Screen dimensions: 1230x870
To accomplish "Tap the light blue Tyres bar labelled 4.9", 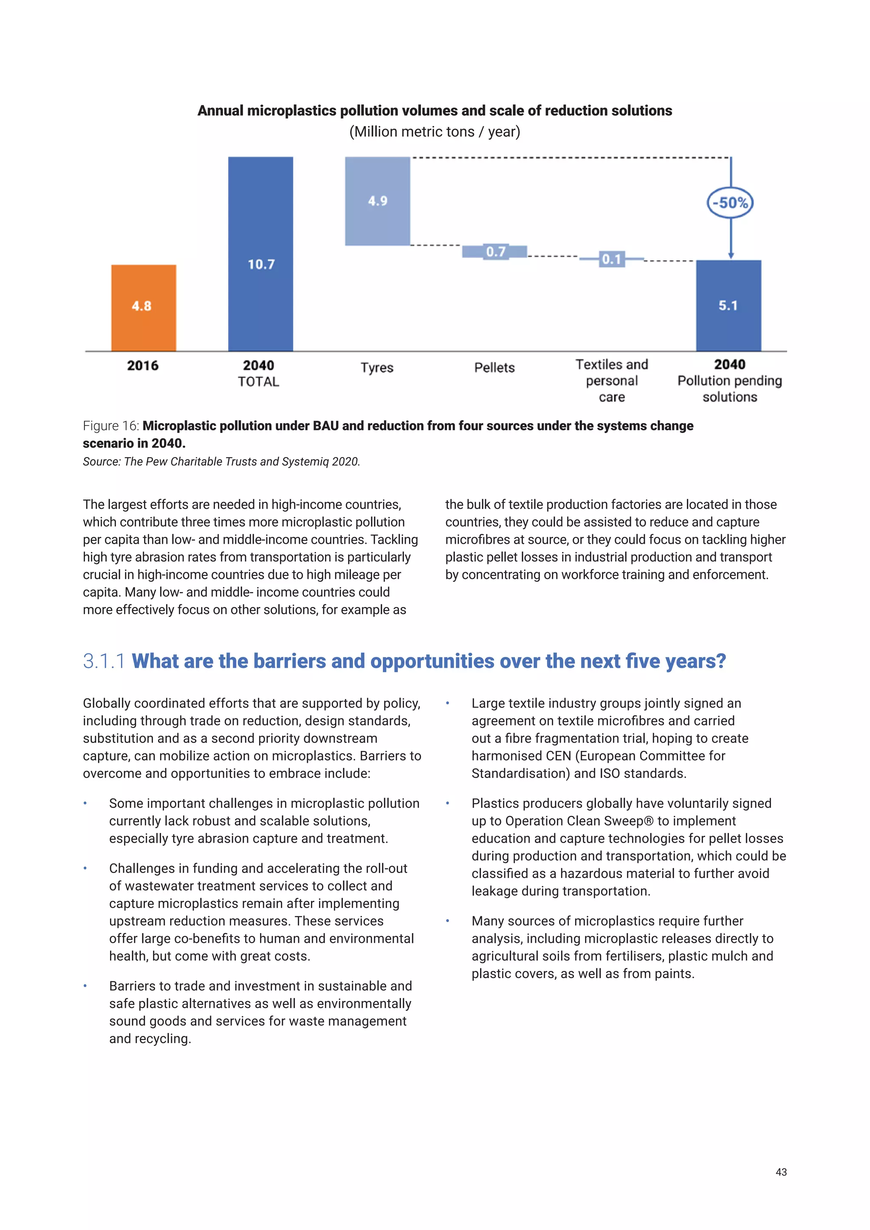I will point(377,201).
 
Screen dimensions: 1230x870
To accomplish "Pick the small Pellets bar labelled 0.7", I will point(494,251).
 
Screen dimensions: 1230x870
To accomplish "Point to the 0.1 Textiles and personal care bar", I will point(611,259).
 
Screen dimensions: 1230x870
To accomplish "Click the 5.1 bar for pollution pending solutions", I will point(728,305).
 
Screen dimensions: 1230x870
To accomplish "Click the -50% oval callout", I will point(730,203).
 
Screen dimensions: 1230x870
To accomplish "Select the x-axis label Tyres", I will point(377,367).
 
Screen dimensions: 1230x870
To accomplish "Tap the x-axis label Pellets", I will point(494,367).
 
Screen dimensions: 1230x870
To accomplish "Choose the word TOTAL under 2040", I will point(258,382).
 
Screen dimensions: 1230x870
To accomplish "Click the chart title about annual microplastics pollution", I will point(435,111).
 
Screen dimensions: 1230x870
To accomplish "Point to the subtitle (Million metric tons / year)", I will point(435,132).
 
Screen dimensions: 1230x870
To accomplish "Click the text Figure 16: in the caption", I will point(111,426).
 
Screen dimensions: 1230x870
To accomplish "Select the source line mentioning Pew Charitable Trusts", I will point(221,462).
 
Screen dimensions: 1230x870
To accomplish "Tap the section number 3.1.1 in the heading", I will point(104,661).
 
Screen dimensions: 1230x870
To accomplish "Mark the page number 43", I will point(780,1172).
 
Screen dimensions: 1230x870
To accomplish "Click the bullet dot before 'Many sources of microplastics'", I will point(447,921).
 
